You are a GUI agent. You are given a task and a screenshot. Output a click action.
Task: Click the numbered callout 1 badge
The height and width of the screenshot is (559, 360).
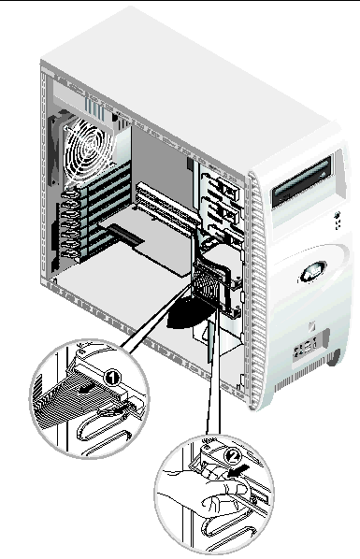(112, 378)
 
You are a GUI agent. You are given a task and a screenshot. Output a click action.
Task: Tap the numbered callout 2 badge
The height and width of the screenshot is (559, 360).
(232, 455)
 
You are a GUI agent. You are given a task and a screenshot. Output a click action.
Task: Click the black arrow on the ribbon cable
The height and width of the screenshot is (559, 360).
(88, 390)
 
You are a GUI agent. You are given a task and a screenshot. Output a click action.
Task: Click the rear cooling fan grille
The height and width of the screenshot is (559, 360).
(87, 149)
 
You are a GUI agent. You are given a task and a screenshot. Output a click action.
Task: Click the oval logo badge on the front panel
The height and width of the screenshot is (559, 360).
(313, 272)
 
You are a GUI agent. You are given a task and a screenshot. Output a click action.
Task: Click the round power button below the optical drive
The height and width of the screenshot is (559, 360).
(337, 215)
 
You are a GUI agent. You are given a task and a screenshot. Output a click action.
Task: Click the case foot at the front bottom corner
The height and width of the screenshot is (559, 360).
(335, 358)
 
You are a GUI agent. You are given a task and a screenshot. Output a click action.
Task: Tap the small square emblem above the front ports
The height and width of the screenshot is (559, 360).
(310, 326)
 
